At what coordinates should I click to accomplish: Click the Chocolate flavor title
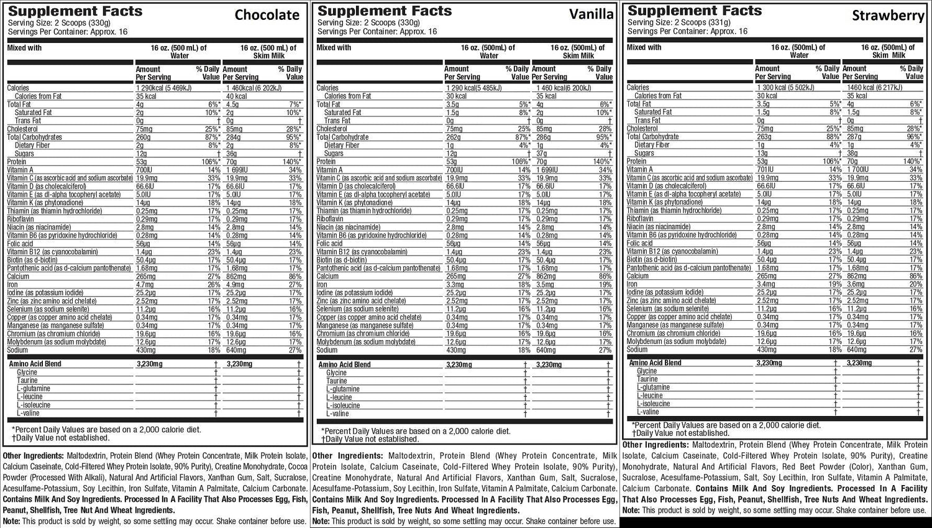(x=267, y=15)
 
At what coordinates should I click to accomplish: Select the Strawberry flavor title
(x=888, y=16)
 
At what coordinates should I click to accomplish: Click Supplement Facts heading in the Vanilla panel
(x=385, y=11)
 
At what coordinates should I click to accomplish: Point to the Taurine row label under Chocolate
(x=27, y=381)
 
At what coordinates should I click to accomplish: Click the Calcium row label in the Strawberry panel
(x=637, y=276)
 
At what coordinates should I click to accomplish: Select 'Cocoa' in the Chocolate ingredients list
(x=294, y=466)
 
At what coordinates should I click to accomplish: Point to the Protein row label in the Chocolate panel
(x=17, y=162)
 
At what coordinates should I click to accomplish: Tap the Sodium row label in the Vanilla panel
(x=327, y=350)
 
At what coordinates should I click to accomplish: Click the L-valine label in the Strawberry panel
(x=648, y=412)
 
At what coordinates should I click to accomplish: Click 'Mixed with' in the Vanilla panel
(x=334, y=48)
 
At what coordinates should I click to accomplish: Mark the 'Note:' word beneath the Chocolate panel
(x=11, y=521)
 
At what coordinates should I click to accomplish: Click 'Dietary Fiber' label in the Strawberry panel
(x=652, y=145)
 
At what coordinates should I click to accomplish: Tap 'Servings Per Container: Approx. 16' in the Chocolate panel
(x=68, y=31)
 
